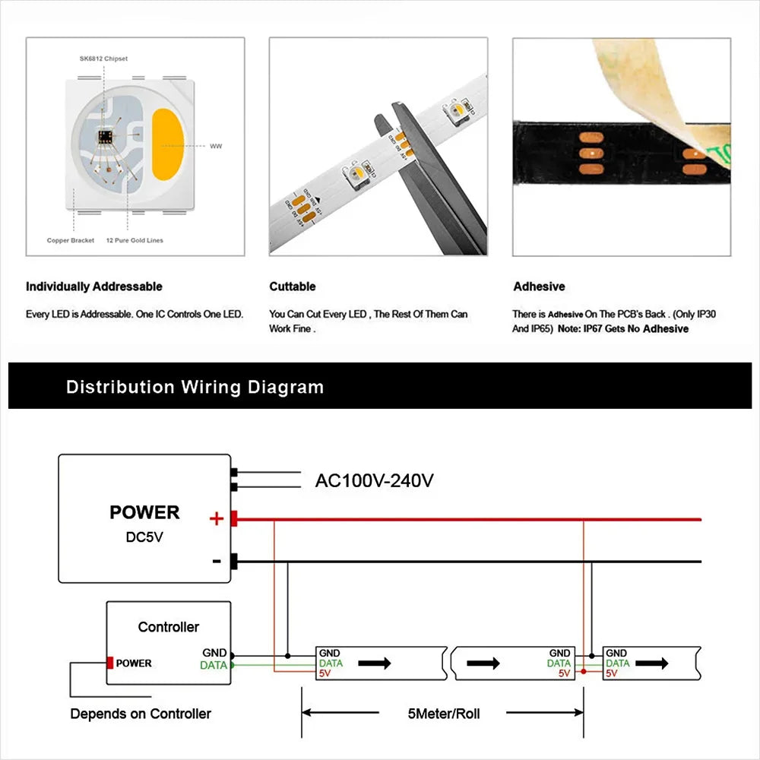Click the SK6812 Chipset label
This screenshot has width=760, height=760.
(x=103, y=58)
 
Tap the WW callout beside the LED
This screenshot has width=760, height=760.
(x=216, y=145)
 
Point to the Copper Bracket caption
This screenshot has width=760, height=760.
(x=71, y=240)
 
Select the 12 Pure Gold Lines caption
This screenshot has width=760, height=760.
(x=135, y=240)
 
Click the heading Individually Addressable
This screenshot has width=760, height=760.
(x=94, y=287)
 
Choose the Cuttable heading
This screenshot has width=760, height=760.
(x=293, y=287)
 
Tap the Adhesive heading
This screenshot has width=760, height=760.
(x=539, y=287)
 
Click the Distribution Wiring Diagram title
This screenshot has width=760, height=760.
(x=195, y=387)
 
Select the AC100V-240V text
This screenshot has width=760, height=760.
(x=375, y=481)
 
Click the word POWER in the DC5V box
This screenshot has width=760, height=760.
(x=144, y=512)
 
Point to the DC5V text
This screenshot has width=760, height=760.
(x=144, y=537)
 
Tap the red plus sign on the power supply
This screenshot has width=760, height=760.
(x=217, y=519)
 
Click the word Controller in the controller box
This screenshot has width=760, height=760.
(x=168, y=627)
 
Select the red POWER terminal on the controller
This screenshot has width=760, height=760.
(x=110, y=663)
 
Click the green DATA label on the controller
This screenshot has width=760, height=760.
(x=213, y=665)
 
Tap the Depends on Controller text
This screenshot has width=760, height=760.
(x=141, y=714)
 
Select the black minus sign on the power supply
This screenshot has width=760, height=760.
(x=217, y=562)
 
